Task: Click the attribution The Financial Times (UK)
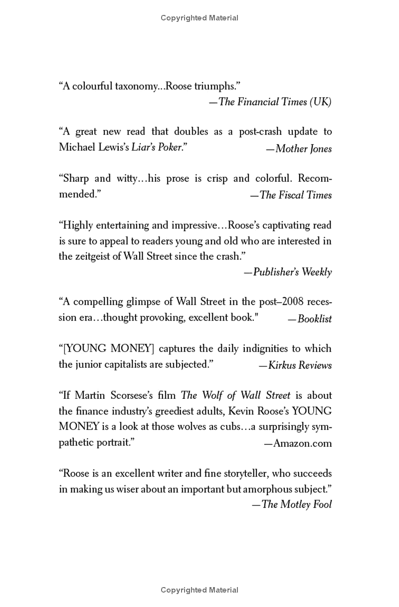pos(275,102)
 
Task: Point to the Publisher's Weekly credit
pos(292,272)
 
